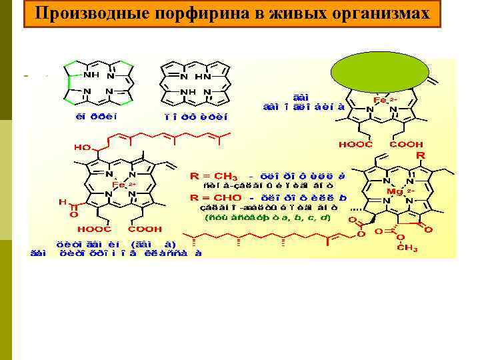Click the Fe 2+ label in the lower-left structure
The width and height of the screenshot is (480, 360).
[123, 184]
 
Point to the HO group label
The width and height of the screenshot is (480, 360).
[83, 146]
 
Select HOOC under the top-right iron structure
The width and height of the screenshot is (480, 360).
[355, 144]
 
